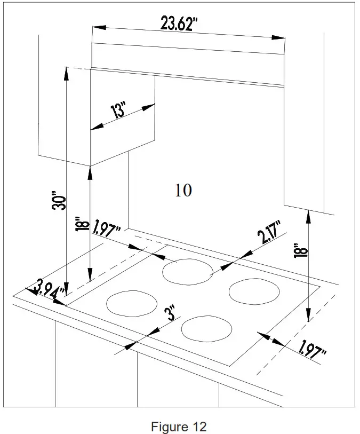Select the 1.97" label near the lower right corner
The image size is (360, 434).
(x=313, y=350)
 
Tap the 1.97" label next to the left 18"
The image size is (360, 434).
(x=106, y=230)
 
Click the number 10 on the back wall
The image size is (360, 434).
(x=183, y=190)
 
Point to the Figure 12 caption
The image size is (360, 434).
(x=179, y=427)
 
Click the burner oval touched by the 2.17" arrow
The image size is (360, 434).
(x=188, y=271)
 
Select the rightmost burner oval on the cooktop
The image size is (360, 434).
(x=254, y=292)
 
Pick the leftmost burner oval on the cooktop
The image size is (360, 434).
(x=132, y=303)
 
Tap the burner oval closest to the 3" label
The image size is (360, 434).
(x=207, y=328)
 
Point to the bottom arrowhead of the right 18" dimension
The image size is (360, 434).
(x=308, y=319)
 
